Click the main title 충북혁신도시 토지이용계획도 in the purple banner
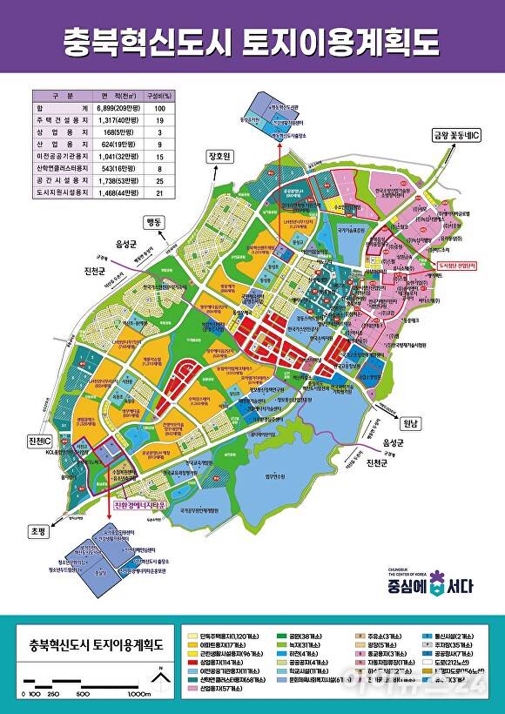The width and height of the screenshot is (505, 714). coord(252,41)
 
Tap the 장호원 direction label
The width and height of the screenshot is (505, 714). coord(221,157)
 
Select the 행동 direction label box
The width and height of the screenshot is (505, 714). coord(155,222)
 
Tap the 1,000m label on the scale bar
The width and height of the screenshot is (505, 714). coord(139,694)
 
